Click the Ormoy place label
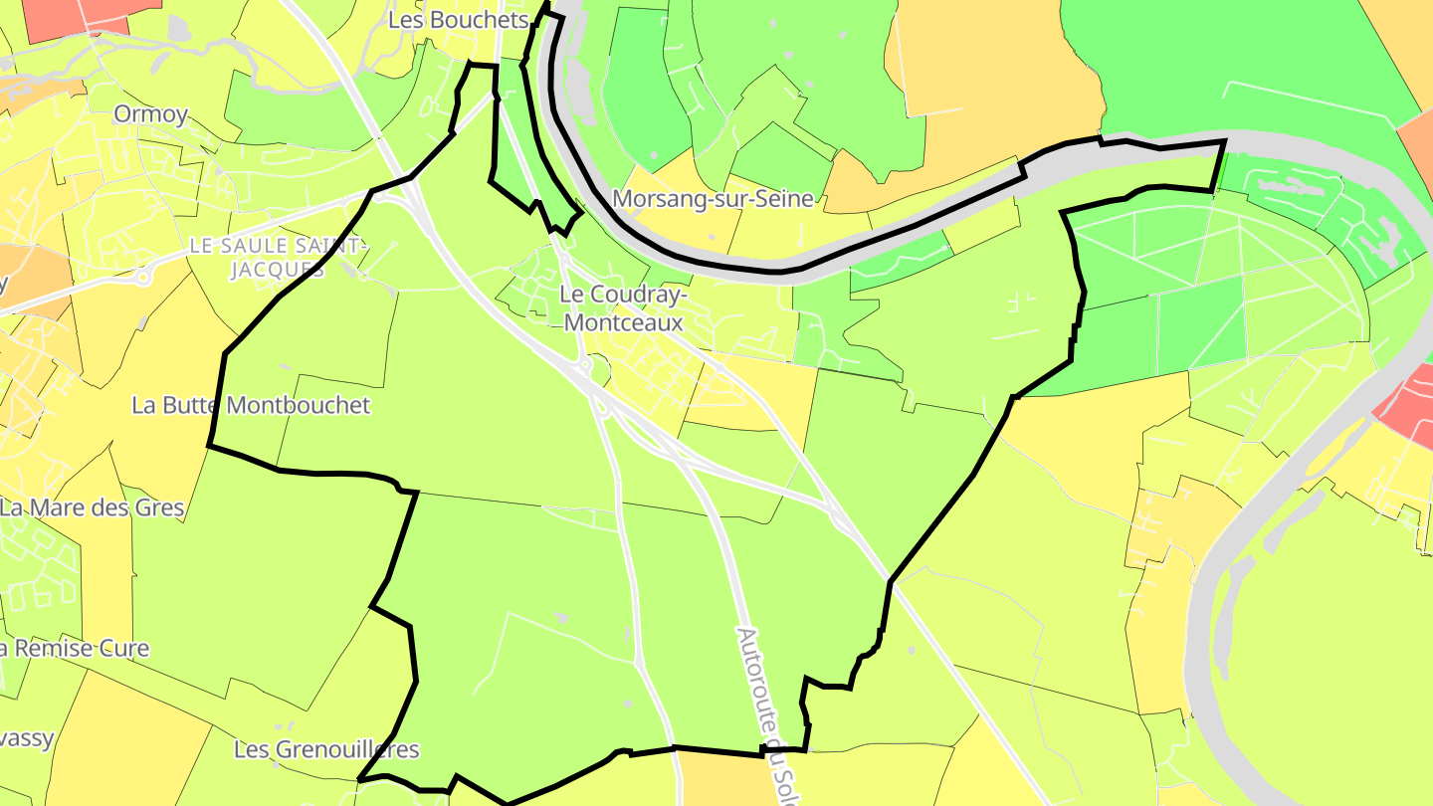coord(150,114)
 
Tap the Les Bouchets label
coord(458,20)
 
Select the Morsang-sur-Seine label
coord(713,199)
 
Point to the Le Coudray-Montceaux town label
coord(622,308)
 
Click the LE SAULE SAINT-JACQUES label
coord(279,257)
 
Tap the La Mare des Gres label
coord(93,507)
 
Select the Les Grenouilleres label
coord(326,749)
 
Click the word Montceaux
coord(623,323)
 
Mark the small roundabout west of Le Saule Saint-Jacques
coord(142,278)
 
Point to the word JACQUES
coord(278,270)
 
